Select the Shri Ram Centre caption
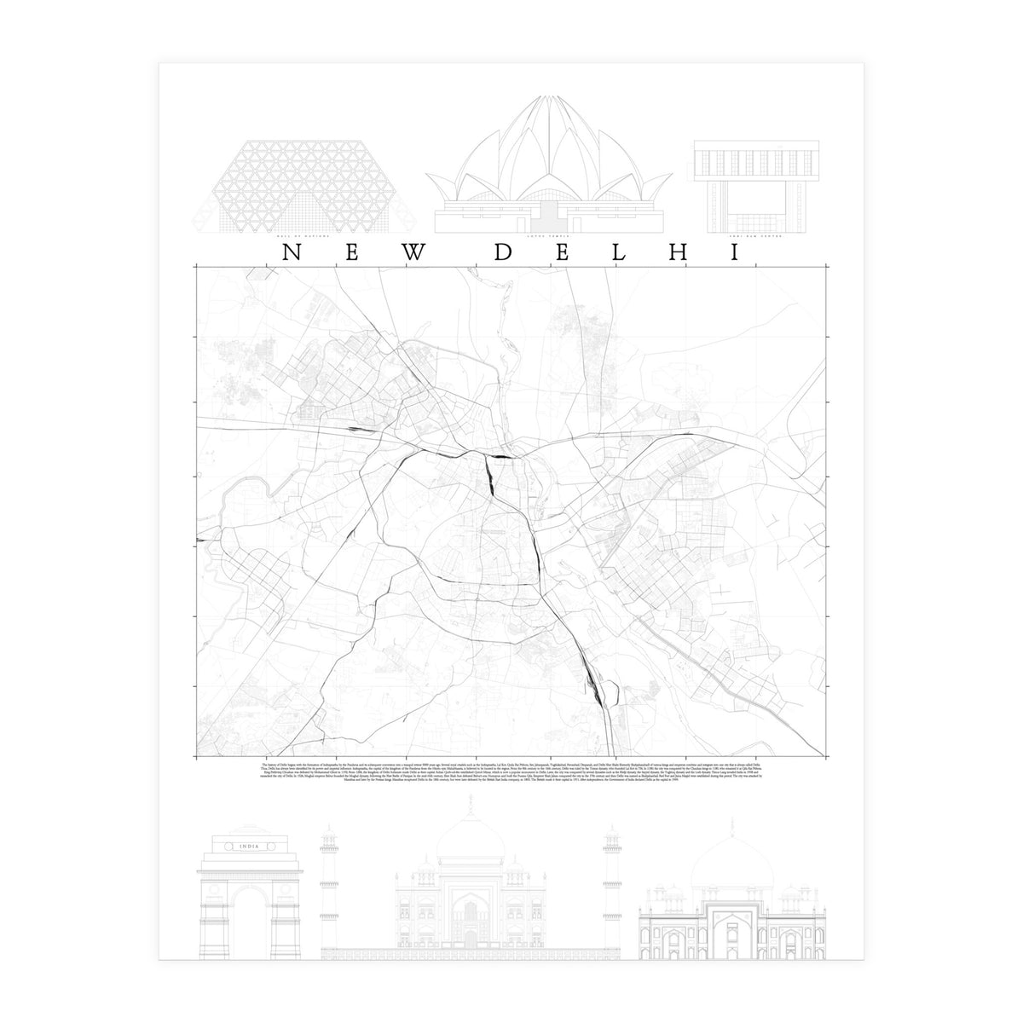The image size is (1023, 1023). point(737,236)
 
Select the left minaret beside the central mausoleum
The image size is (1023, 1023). point(327,887)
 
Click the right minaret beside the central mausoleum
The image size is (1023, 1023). point(610,887)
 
